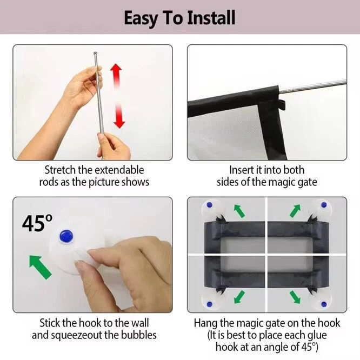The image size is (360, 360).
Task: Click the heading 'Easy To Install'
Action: pyautogui.click(x=179, y=17)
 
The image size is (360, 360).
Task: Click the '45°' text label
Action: pyautogui.click(x=37, y=223)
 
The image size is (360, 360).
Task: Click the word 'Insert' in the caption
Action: pyautogui.click(x=241, y=170)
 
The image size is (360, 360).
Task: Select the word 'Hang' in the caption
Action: pyautogui.click(x=205, y=323)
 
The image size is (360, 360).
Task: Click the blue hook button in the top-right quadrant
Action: pyautogui.click(x=324, y=205)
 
